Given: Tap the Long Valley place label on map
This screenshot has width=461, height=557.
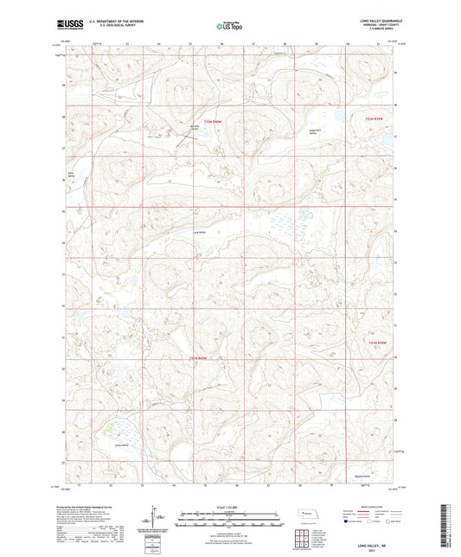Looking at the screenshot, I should point(200,232).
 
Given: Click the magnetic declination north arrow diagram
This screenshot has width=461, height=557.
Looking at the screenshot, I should point(161,519).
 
